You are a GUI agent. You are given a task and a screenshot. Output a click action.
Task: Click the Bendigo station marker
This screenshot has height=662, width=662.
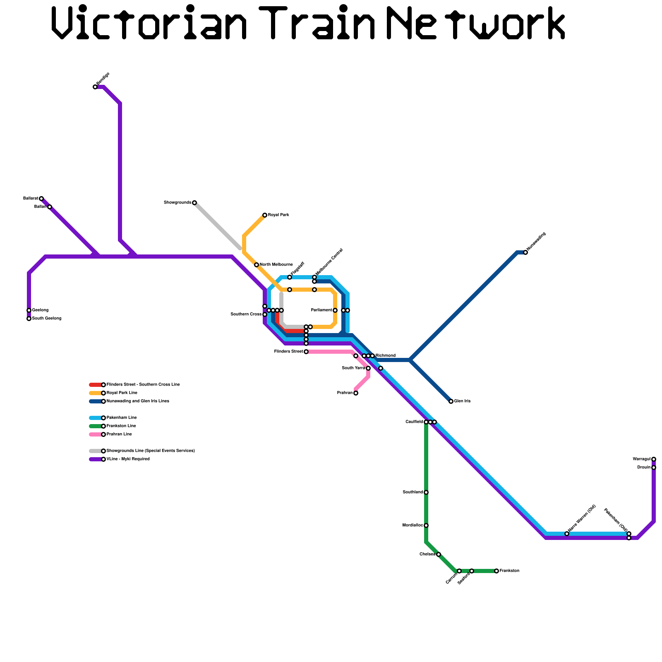pos(95,87)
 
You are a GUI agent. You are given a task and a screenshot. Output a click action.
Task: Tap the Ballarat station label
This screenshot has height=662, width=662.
pos(31,199)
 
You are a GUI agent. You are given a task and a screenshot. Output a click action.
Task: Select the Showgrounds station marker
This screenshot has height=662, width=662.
pos(194,203)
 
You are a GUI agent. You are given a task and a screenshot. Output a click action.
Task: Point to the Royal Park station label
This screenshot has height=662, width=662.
pos(278,215)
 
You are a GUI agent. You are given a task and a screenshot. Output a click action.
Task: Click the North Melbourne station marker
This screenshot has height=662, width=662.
pos(257,265)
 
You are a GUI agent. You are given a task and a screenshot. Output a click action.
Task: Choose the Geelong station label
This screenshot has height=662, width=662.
pos(40,310)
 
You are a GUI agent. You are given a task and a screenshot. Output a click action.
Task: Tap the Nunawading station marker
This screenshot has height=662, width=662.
pos(525,252)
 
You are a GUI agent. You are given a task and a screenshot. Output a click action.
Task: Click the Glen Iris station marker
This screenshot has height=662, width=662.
pos(451,401)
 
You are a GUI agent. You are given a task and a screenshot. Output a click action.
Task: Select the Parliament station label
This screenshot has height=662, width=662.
pos(321,310)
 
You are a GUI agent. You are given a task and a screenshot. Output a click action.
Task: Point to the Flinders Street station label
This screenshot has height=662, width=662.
pos(288,352)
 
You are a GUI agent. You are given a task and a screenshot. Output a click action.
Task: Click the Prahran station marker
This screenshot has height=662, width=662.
pos(356,393)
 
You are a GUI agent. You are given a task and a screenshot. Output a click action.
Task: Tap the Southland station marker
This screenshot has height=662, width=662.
pos(426,492)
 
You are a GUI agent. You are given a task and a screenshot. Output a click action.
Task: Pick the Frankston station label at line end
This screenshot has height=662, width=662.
pos(509,571)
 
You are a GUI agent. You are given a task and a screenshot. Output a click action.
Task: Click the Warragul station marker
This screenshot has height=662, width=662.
pos(654,459)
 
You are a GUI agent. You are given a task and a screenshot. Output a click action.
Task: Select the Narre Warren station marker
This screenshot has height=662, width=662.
pos(567,534)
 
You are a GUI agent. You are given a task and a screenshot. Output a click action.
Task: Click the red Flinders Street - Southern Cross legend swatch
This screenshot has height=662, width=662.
pos(95,385)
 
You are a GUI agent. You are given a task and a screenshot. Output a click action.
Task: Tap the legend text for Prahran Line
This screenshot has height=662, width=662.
pos(119,434)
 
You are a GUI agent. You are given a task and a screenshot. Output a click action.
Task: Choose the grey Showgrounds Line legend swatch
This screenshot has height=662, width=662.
pos(95,451)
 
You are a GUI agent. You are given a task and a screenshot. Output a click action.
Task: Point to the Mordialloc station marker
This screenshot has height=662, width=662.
pos(426,525)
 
